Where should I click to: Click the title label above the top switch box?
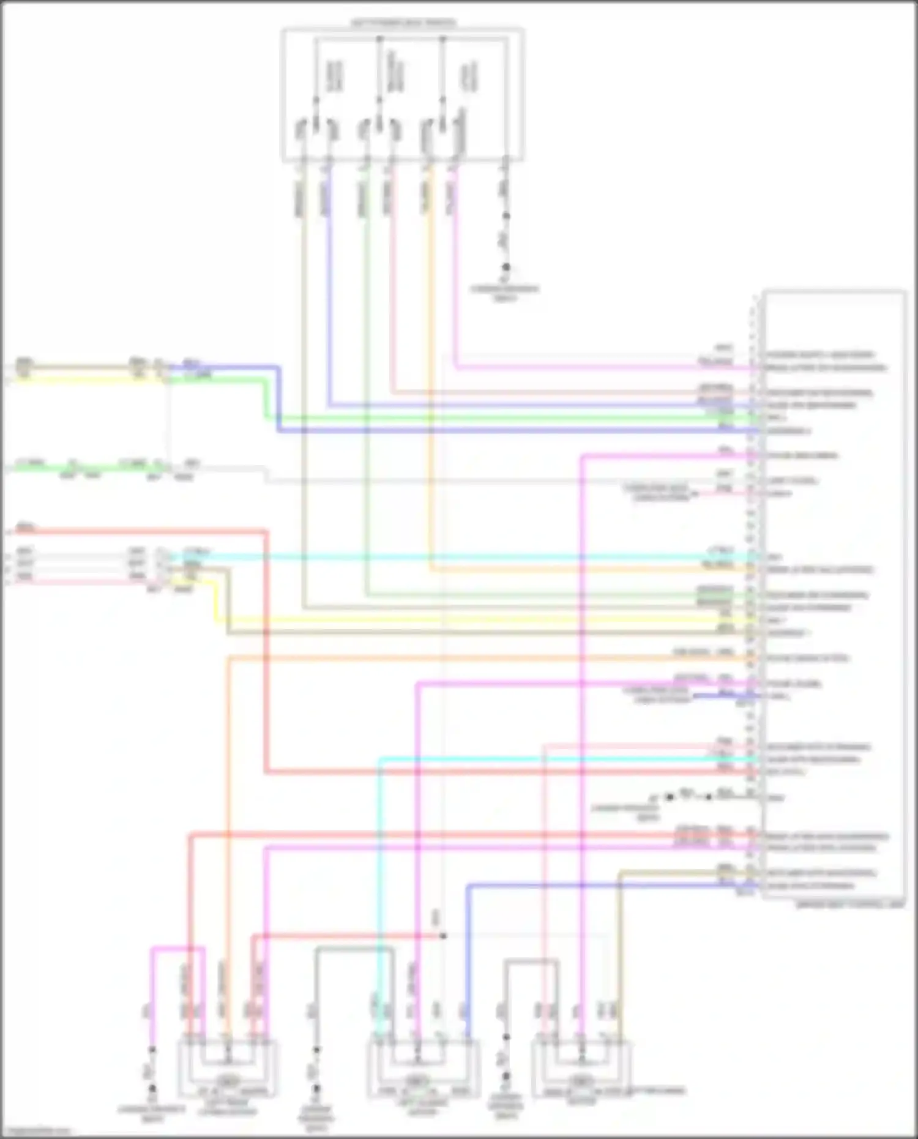[x=403, y=23]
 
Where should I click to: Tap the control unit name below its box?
[x=850, y=905]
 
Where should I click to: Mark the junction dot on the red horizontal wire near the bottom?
[x=443, y=936]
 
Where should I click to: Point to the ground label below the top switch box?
[x=505, y=293]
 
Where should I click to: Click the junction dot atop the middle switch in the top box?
[x=379, y=38]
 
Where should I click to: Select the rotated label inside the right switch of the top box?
[x=470, y=77]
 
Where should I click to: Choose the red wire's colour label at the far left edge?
[x=26, y=526]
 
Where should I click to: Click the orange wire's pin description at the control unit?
[x=808, y=659]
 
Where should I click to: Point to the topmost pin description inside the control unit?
[x=820, y=355]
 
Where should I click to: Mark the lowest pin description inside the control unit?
[x=810, y=886]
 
